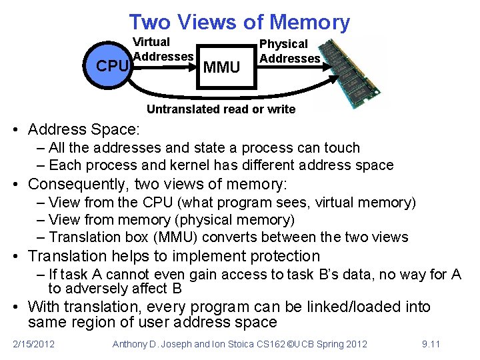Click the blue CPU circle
point(111,67)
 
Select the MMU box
point(221,67)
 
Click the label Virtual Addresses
point(163,49)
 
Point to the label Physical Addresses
point(289,51)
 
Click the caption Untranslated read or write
point(221,109)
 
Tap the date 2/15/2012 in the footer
point(34,344)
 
